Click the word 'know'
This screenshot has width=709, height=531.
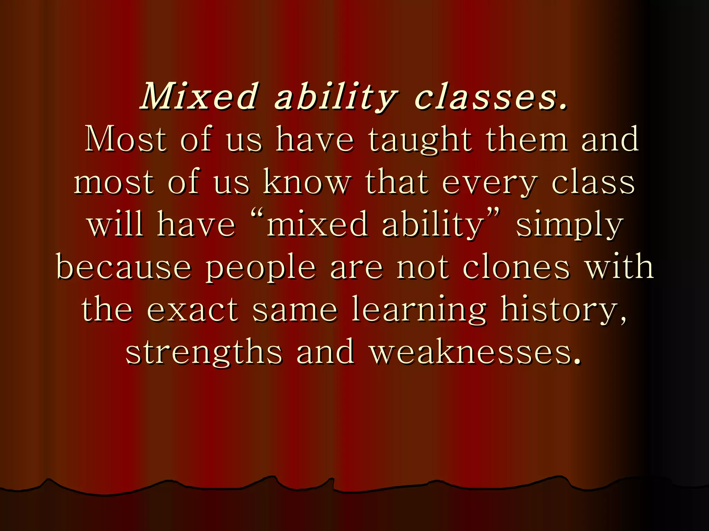(x=307, y=182)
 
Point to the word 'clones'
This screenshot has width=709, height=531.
(x=516, y=267)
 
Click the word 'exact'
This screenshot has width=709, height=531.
(x=192, y=309)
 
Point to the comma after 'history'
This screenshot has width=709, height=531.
(x=623, y=320)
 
